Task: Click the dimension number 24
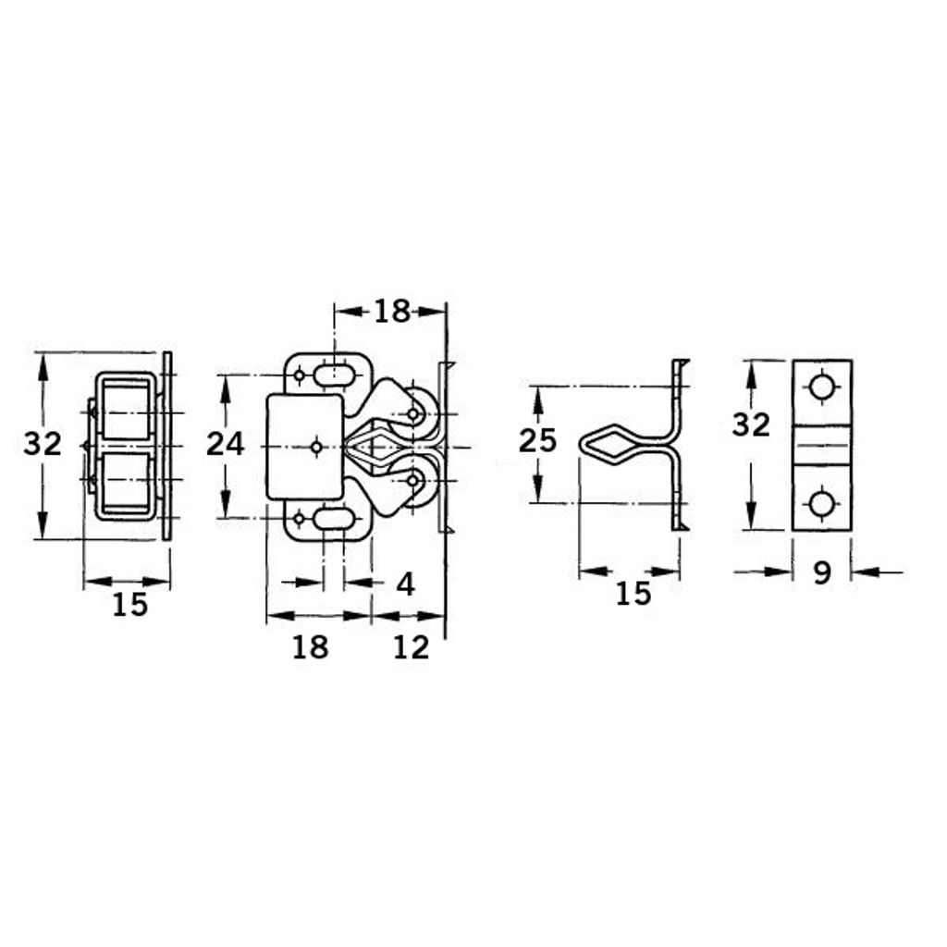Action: [226, 445]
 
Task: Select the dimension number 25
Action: [537, 440]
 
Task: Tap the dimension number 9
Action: [822, 572]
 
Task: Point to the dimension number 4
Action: [406, 584]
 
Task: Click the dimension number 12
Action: [411, 647]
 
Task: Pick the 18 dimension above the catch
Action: [392, 312]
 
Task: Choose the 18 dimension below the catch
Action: [311, 647]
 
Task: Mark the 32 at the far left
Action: [43, 445]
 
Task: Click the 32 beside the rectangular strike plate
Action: [751, 424]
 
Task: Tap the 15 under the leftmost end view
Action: [129, 605]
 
